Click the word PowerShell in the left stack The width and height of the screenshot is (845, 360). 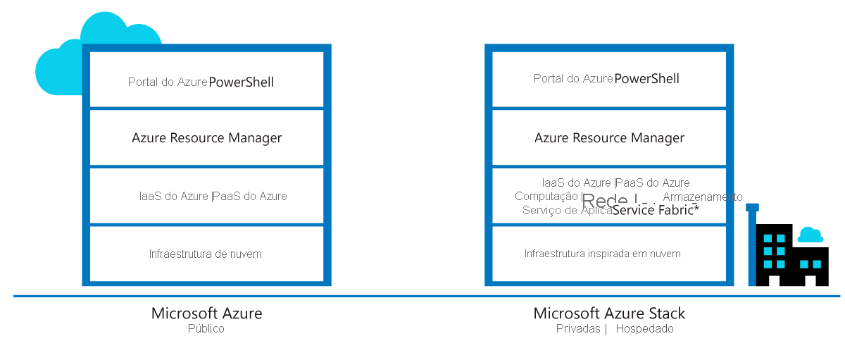pos(241,82)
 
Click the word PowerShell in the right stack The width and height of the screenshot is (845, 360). pos(646,79)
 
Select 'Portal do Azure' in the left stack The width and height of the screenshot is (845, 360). pos(168,82)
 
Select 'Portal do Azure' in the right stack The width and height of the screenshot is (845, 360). pos(573,79)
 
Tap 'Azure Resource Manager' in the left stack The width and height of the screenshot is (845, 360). pos(206,138)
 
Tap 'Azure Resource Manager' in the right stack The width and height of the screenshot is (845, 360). pos(609,138)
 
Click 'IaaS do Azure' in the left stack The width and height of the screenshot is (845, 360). pos(174,197)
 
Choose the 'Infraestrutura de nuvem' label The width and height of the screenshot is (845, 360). pos(205,254)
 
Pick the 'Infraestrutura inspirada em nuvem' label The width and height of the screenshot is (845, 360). pos(602,254)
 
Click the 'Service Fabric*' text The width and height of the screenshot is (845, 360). pos(656,210)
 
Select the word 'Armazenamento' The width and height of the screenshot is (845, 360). pos(702,197)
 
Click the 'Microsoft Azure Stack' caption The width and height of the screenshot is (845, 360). pos(609,314)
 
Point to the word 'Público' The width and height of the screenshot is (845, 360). pos(206,329)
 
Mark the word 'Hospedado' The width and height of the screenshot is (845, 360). pos(644,329)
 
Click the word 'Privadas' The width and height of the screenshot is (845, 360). pos(577,329)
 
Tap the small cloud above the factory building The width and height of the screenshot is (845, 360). pos(810,235)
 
